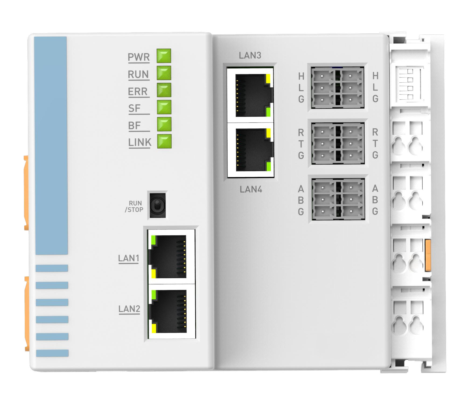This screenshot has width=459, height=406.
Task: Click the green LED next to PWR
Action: tap(164, 56)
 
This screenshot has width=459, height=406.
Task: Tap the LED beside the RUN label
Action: tap(164, 73)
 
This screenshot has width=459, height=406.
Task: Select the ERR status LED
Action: tap(164, 90)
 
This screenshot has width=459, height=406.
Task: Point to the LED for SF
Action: tap(164, 107)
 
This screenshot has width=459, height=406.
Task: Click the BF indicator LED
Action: tap(164, 124)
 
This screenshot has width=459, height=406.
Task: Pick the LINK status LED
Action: tap(164, 141)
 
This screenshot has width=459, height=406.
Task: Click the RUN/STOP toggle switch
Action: tap(157, 205)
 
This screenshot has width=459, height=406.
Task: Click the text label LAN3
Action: tap(250, 55)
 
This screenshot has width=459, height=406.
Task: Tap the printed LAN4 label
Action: tap(251, 190)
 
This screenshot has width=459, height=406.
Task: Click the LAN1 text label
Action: tap(129, 258)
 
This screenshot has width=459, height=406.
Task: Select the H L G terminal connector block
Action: tap(338, 88)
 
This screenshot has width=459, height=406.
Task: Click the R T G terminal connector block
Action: tap(338, 143)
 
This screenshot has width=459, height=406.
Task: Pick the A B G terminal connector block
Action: tap(338, 199)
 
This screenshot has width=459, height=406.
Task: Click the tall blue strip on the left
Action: tap(51, 145)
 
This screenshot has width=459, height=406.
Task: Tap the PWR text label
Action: tap(139, 57)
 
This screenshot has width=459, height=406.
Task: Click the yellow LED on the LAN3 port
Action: tap(268, 78)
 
